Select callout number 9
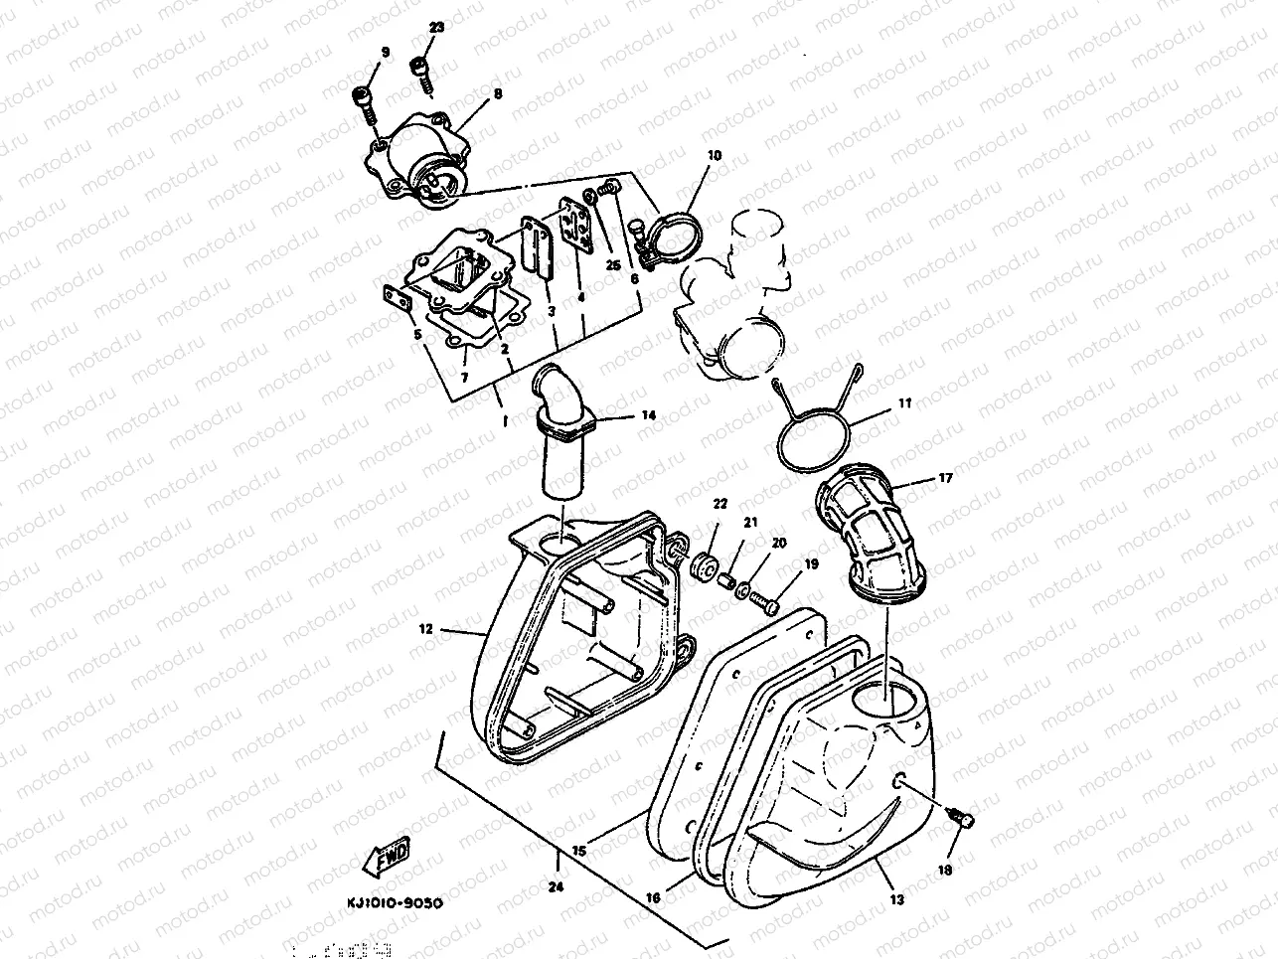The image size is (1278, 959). point(385,52)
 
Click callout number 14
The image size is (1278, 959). point(648,415)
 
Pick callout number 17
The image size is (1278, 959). point(944,478)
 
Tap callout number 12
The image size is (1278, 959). point(425,628)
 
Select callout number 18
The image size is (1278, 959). point(944,870)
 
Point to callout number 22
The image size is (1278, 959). point(719,505)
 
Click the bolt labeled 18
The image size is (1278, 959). point(959,818)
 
